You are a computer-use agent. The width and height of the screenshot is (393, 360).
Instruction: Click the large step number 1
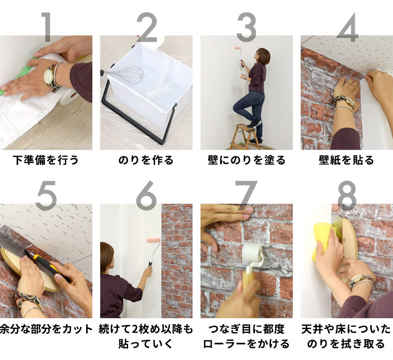pos(46,26)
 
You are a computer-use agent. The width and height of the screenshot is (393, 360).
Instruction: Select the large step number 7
pos(246,195)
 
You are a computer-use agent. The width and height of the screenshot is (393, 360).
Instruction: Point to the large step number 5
pos(46,195)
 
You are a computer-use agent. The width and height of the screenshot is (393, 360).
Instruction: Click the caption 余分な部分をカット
pos(46,329)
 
